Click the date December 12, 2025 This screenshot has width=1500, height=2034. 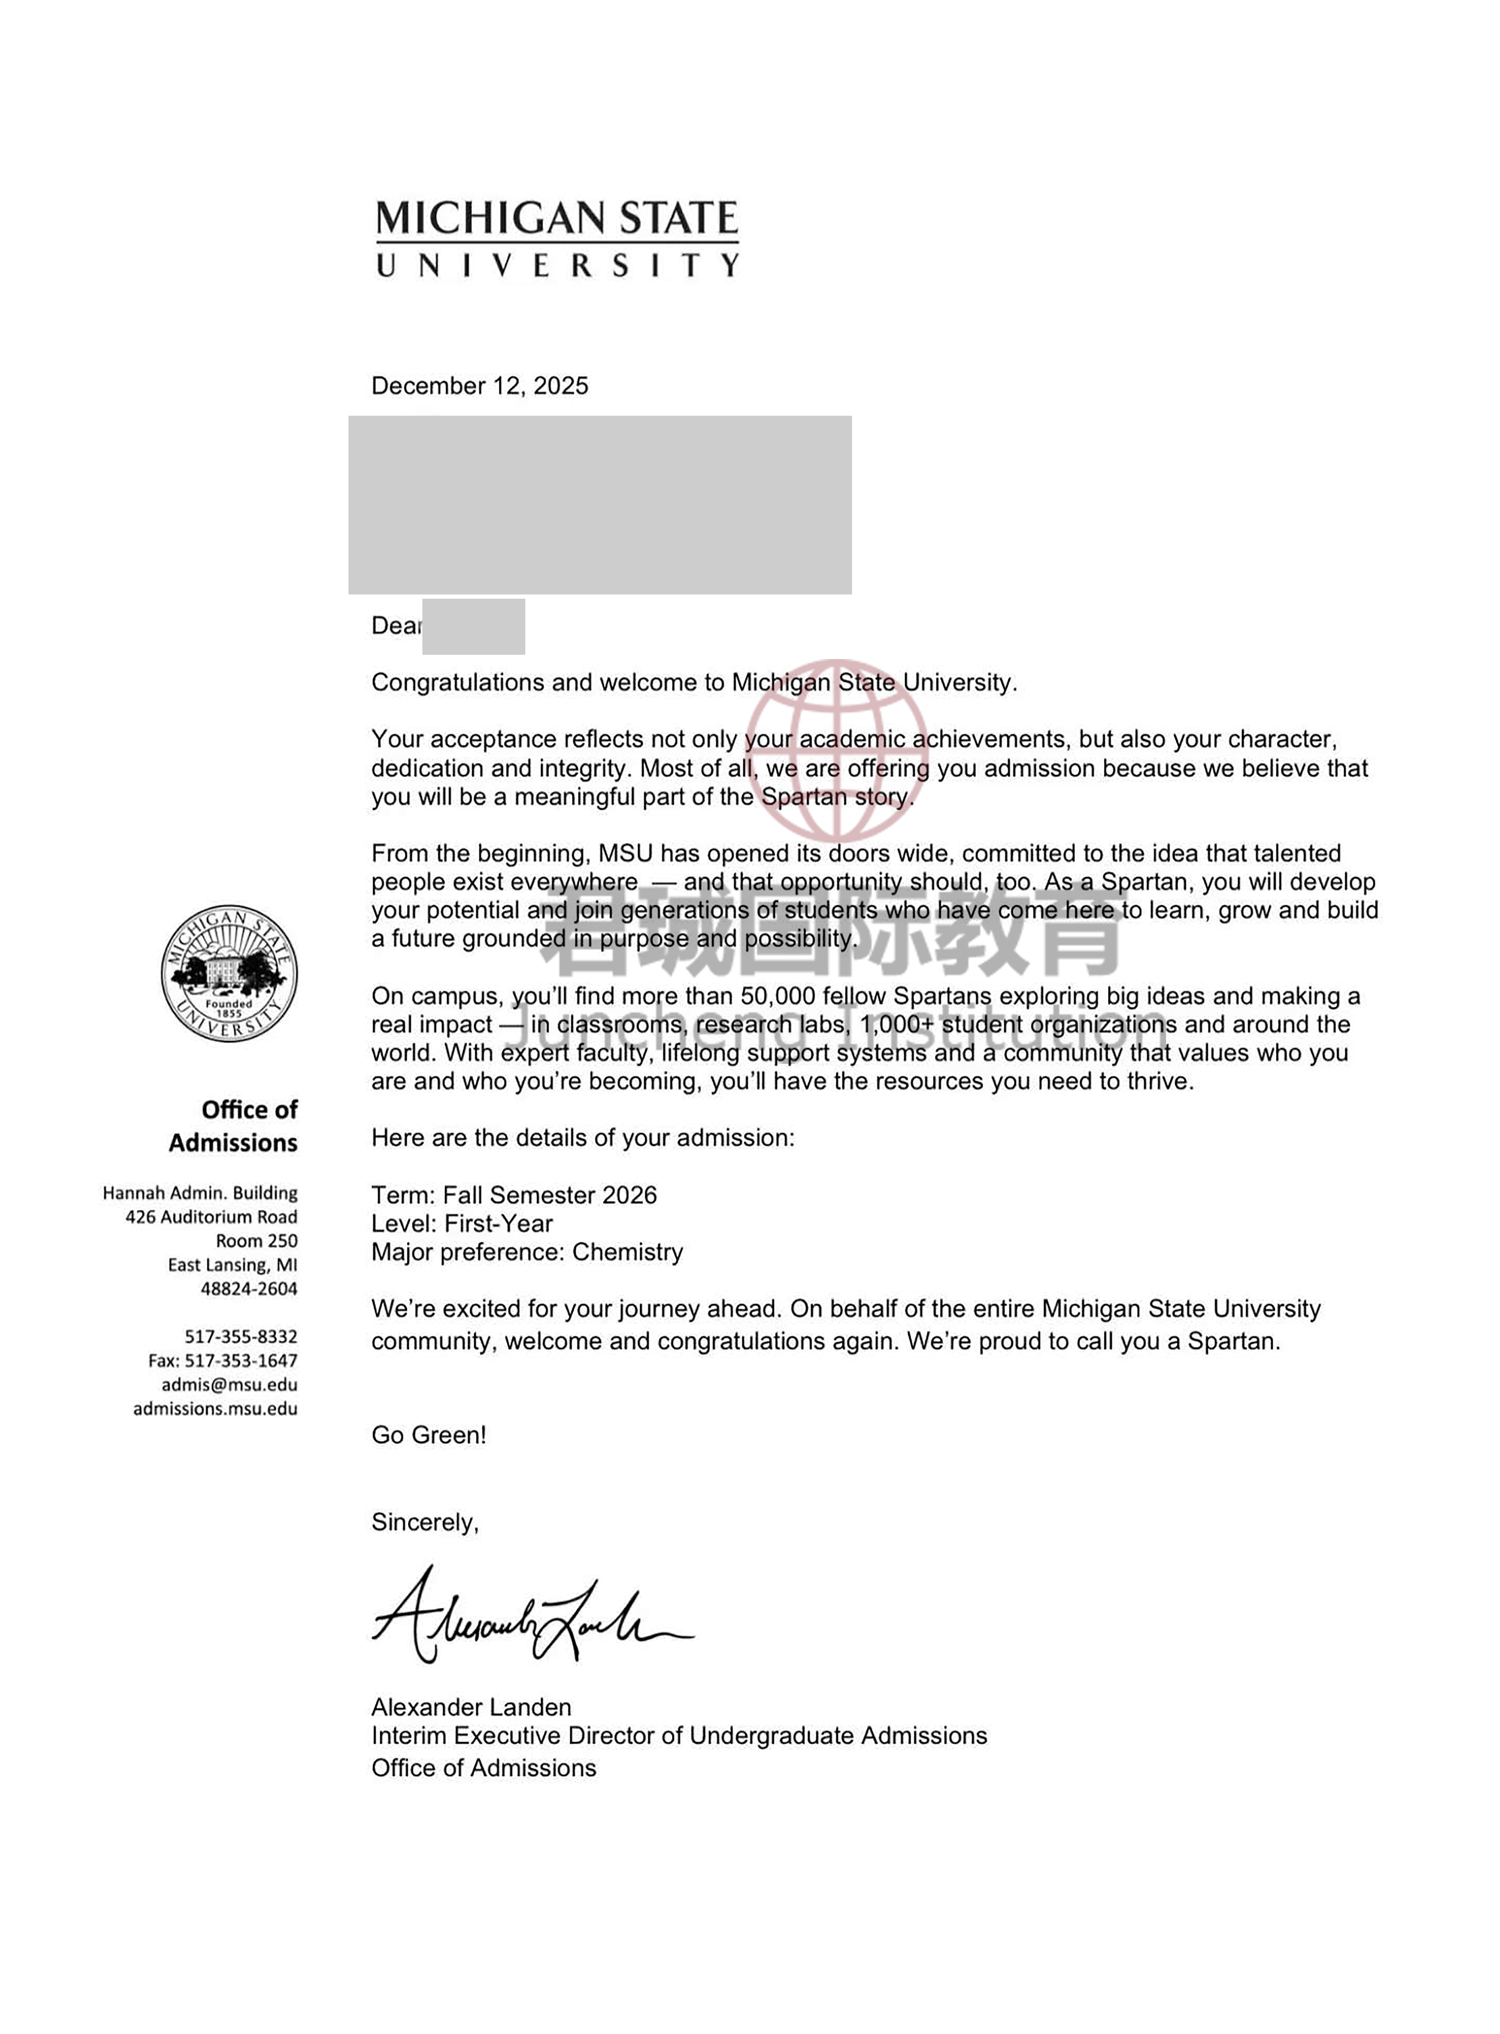coord(479,386)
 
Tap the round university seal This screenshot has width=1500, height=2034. coord(229,973)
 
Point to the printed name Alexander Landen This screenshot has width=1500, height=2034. coord(471,1707)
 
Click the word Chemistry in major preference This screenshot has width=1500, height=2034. coord(627,1253)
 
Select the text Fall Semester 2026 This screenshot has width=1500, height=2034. coord(549,1195)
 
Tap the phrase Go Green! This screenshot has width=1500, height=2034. coord(429,1435)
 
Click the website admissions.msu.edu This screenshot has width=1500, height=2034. coord(215,1409)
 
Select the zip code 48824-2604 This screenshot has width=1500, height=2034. coord(249,1289)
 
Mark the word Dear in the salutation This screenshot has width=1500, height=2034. coord(396,625)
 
